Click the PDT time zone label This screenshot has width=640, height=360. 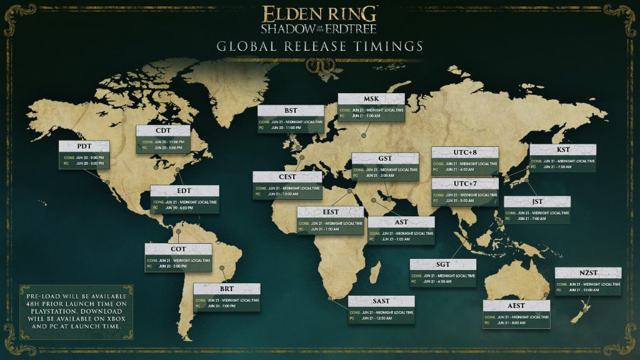click(x=84, y=146)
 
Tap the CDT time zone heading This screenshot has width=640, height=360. click(x=163, y=131)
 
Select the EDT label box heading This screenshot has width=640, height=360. click(x=184, y=191)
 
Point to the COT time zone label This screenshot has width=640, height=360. click(x=178, y=249)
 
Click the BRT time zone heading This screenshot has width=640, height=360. click(x=226, y=289)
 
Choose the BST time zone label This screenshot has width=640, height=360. click(x=291, y=111)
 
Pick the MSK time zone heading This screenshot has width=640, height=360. click(x=371, y=99)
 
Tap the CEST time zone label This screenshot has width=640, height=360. click(x=287, y=177)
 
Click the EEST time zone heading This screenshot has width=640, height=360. click(x=331, y=212)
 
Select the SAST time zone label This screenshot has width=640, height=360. click(x=381, y=301)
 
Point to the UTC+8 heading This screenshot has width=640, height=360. click(x=465, y=152)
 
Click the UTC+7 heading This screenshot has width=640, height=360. click(x=465, y=184)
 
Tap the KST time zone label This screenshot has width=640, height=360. click(x=562, y=150)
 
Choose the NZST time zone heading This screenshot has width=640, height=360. click(x=588, y=273)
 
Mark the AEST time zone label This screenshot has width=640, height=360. click(x=516, y=306)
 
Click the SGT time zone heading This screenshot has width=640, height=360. click(x=443, y=264)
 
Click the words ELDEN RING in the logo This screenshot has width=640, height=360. click(x=319, y=13)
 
